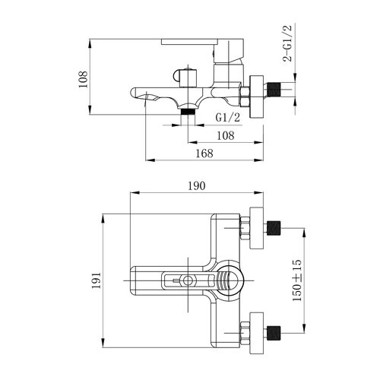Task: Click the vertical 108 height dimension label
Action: click(x=83, y=79)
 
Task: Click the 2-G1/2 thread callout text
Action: click(x=287, y=43)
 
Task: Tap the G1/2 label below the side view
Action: click(x=228, y=118)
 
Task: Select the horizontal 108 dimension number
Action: click(x=226, y=136)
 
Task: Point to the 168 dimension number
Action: click(x=204, y=154)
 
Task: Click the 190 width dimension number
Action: click(x=197, y=186)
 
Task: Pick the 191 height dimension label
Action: click(x=97, y=280)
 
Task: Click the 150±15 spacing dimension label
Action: click(x=297, y=280)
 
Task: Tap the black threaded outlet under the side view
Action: click(x=188, y=112)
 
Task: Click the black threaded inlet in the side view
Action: click(x=274, y=89)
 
